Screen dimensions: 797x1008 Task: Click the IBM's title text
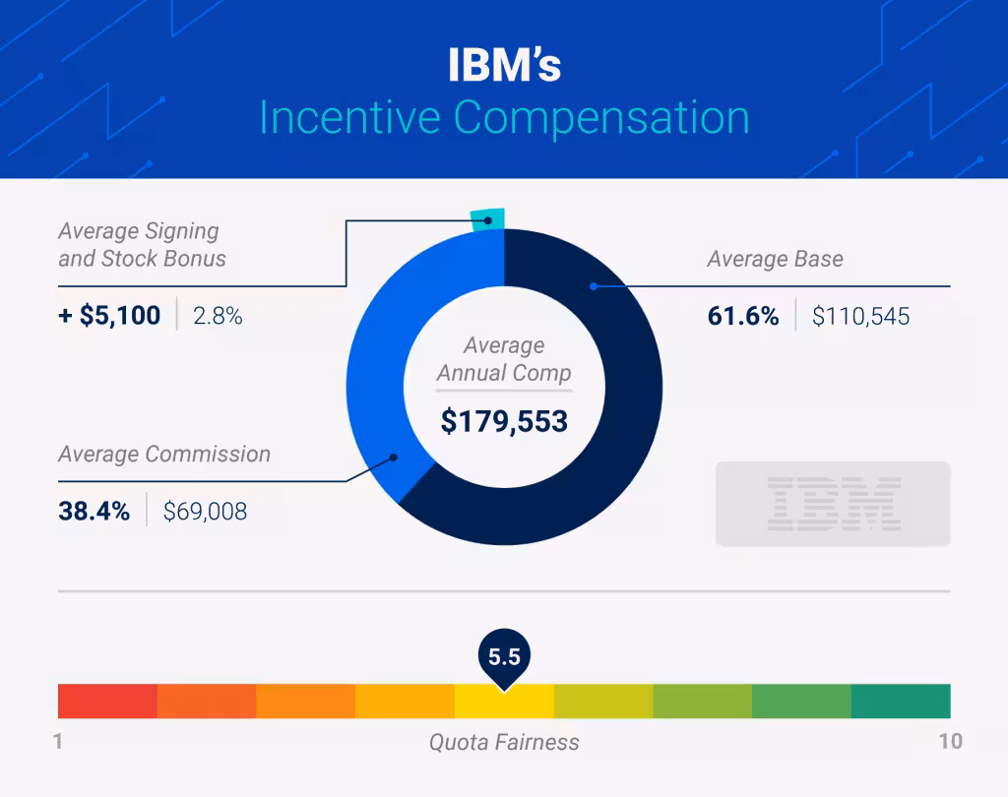click(504, 66)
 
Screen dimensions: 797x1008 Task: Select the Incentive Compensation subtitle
click(504, 118)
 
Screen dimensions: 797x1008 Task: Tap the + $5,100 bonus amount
click(108, 316)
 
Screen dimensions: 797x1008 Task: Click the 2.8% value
click(218, 316)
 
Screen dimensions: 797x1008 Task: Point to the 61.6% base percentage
click(743, 316)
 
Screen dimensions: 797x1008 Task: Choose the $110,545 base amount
click(860, 316)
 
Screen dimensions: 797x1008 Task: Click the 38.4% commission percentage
click(94, 511)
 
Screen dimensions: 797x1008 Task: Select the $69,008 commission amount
click(205, 511)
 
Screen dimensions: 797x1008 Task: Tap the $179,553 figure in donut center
click(504, 421)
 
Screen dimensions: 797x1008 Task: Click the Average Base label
click(775, 260)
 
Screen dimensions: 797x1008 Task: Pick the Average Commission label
click(163, 455)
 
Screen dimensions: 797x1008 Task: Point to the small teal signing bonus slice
click(488, 219)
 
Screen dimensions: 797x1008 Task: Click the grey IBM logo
click(832, 503)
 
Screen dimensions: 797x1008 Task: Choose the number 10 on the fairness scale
click(950, 741)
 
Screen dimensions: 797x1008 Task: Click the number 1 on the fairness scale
click(58, 741)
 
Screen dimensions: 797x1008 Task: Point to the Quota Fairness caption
click(504, 742)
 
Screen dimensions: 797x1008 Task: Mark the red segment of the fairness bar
click(107, 701)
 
